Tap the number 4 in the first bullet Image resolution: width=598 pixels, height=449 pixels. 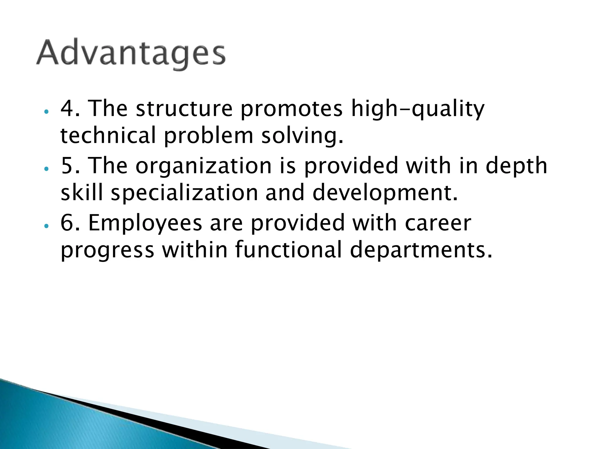[x=67, y=108]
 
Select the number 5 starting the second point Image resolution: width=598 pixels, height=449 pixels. [x=67, y=166]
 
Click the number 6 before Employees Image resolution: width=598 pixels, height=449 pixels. [x=67, y=223]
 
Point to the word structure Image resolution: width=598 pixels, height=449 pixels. [x=184, y=108]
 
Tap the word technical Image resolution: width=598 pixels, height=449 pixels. [x=108, y=136]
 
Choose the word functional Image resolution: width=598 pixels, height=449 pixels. [x=288, y=251]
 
